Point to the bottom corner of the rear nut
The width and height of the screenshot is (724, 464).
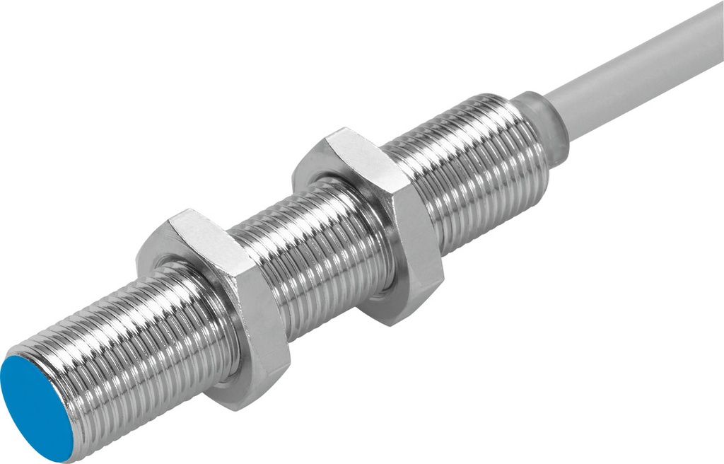pos(396,322)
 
